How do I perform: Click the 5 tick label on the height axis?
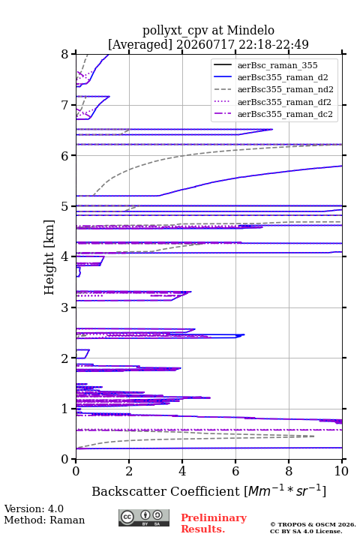[65, 207]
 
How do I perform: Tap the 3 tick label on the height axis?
[65, 307]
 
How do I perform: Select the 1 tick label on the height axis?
[65, 409]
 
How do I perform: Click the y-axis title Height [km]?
[49, 257]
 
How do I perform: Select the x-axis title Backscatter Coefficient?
[166, 491]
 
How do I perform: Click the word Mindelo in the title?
[250, 30]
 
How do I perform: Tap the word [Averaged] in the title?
[140, 44]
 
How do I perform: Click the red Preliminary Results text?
[214, 523]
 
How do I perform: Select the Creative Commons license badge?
[144, 517]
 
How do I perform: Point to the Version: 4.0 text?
[34, 508]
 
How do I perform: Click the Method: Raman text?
[44, 520]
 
